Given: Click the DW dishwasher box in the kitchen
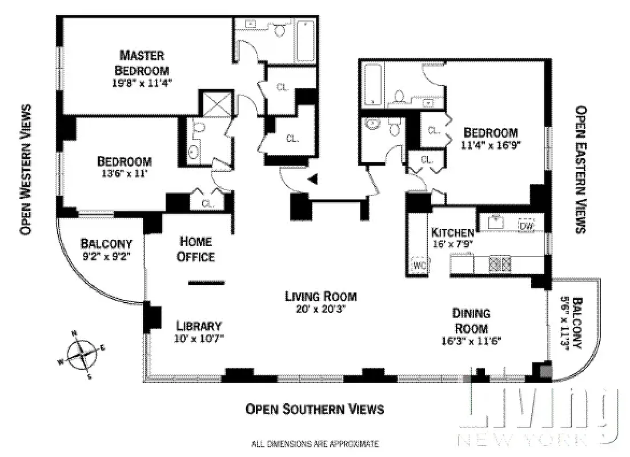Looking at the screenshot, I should tap(526, 226).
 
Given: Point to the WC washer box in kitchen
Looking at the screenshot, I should tap(420, 265).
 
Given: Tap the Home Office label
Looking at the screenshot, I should tap(195, 249).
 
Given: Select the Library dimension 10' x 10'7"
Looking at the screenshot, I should tap(198, 338).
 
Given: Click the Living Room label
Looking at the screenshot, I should tap(321, 296).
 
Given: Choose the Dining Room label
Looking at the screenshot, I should tap(471, 320).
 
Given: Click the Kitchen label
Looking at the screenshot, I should tap(452, 232).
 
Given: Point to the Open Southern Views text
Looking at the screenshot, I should tap(315, 409).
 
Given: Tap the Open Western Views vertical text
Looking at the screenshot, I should tap(25, 170).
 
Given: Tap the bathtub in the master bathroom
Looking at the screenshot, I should tap(306, 41).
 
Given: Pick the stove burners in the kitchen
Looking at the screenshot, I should tap(497, 264).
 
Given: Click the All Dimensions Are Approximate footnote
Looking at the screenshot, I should tap(315, 443).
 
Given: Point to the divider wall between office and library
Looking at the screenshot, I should tap(207, 282).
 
